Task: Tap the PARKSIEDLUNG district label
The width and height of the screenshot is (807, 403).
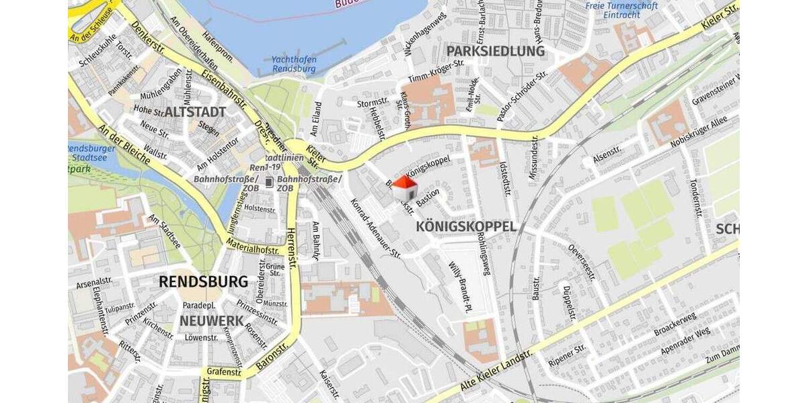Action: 496,51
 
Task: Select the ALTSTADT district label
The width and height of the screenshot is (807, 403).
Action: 194,111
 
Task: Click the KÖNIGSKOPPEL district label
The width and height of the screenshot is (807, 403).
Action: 467,226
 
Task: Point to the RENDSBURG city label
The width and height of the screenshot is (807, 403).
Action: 203,281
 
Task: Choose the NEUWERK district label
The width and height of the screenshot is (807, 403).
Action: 210,321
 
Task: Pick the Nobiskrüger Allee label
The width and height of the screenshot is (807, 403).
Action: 699,131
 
